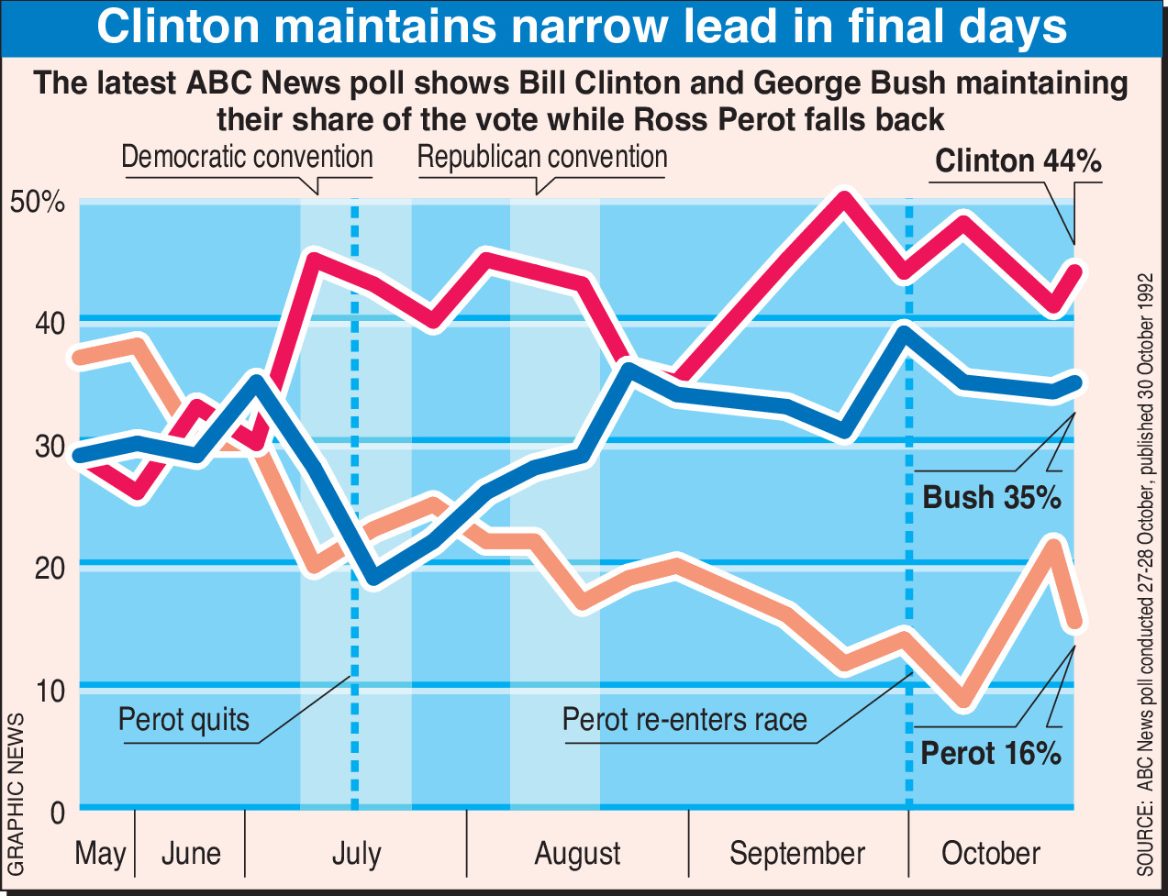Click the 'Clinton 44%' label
click(x=1018, y=162)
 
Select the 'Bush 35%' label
click(x=991, y=498)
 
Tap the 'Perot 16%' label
click(x=990, y=754)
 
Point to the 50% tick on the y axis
click(x=38, y=202)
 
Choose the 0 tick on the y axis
click(x=56, y=813)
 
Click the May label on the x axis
click(x=100, y=854)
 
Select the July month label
click(x=356, y=854)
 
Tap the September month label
click(x=797, y=854)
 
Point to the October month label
click(x=991, y=854)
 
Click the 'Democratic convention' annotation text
click(x=247, y=157)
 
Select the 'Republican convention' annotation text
click(x=542, y=157)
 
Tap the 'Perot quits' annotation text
click(x=184, y=719)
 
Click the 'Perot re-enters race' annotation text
click(x=684, y=719)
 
